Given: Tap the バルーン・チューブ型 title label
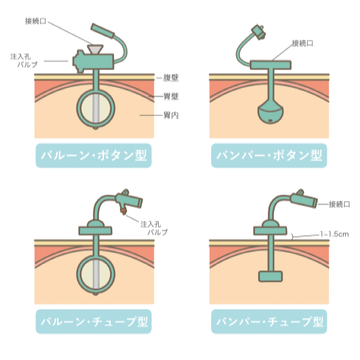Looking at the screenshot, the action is click(93, 321).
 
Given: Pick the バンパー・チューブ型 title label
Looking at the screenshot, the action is click(269, 321).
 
